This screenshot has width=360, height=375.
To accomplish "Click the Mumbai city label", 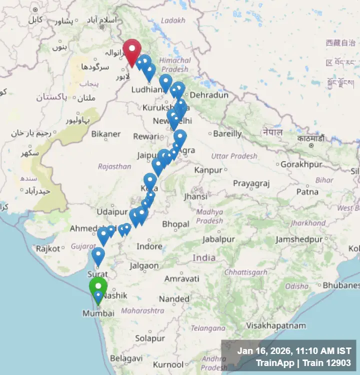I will (99, 313).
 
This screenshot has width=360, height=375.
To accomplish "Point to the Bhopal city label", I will (175, 224).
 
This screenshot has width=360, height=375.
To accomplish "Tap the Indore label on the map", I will (149, 246).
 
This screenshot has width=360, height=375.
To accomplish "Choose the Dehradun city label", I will (209, 95).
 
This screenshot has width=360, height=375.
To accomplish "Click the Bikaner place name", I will (105, 134).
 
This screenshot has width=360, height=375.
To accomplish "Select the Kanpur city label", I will (208, 170).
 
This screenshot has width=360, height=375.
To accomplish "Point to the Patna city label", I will (307, 191).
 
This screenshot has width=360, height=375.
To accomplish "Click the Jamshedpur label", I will (299, 239).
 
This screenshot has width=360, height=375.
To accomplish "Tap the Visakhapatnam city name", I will (275, 325).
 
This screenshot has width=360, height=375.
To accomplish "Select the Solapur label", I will (150, 338).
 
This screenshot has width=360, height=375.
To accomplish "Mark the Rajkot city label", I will (47, 248).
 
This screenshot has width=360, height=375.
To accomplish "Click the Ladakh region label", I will (173, 20).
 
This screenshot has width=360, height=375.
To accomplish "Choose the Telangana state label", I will (207, 328).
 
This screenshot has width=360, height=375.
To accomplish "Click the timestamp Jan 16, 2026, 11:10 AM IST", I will (294, 351).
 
